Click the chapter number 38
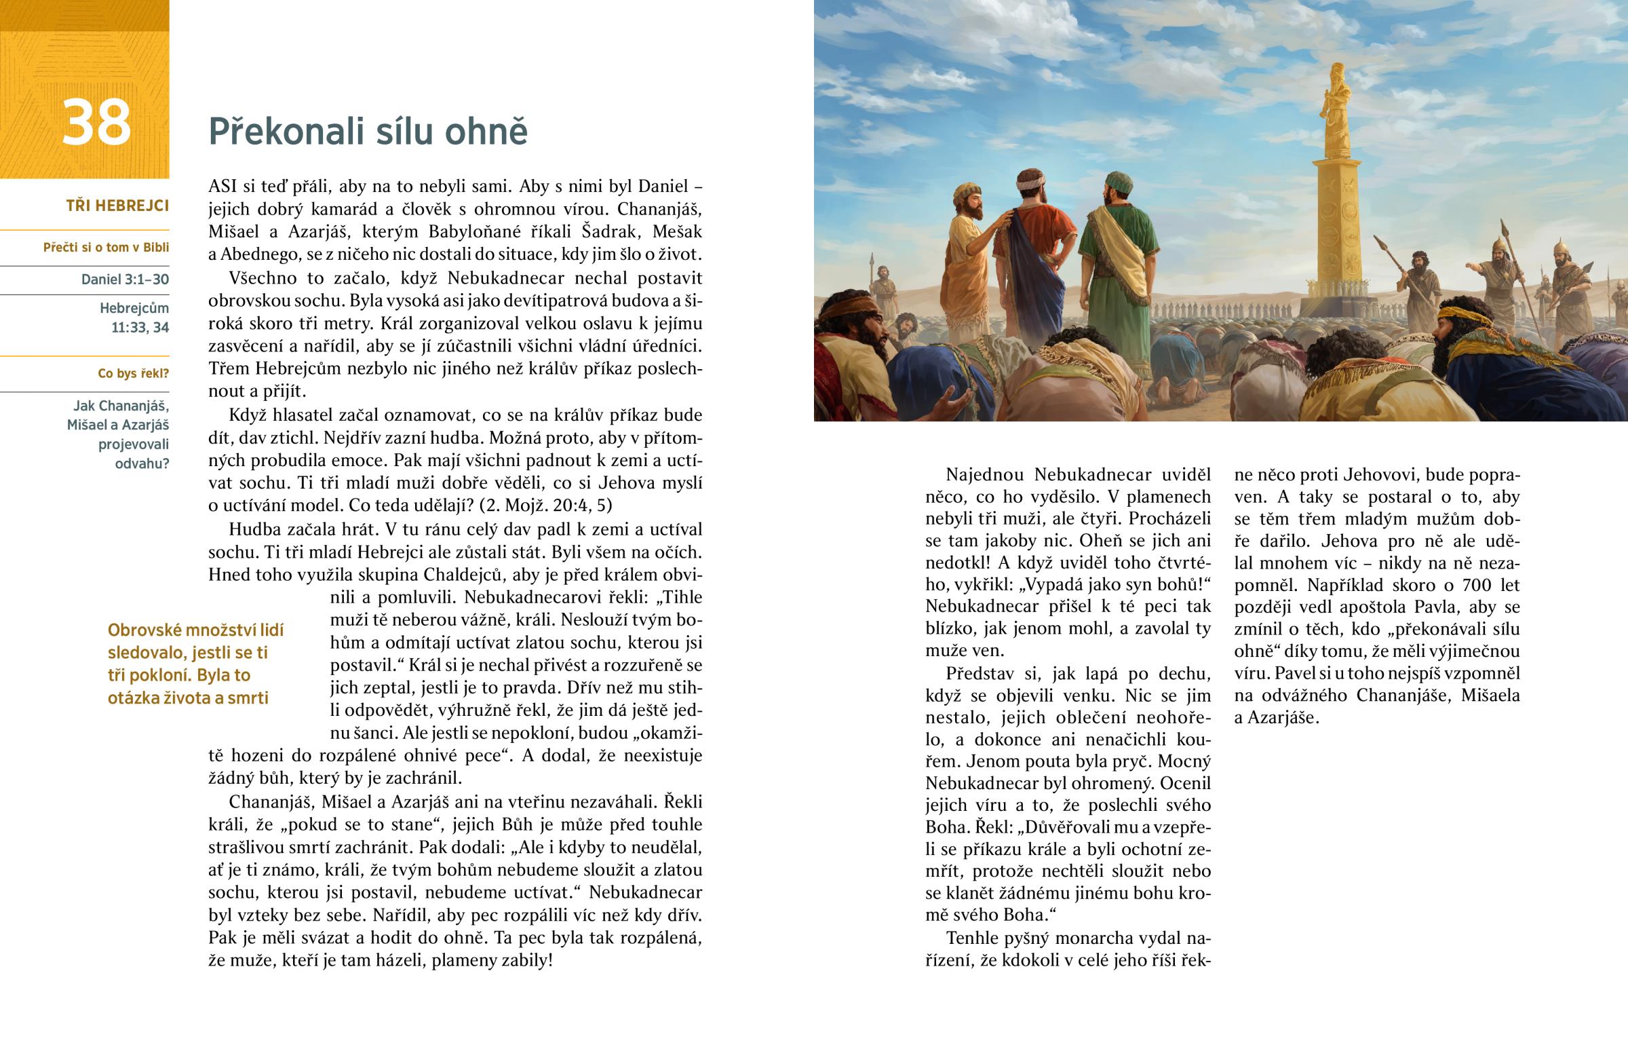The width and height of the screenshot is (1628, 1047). pos(96,123)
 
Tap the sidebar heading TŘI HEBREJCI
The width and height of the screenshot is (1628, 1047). pos(117,206)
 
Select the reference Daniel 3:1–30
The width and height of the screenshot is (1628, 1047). pos(125,280)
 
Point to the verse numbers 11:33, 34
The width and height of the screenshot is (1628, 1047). pos(140,328)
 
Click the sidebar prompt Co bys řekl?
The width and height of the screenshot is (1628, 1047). pos(133,373)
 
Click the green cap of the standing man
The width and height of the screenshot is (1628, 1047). pos(1119,183)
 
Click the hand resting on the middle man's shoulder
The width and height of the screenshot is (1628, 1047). pos(1002,219)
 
